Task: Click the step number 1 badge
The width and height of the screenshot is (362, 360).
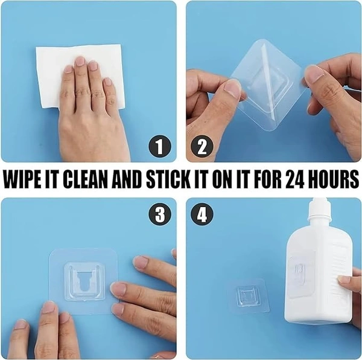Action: [160, 147]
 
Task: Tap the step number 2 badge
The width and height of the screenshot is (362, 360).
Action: [202, 147]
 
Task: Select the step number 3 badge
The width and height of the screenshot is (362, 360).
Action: [160, 214]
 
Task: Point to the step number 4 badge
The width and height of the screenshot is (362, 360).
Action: [202, 214]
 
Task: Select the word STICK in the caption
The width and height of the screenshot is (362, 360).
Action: [168, 180]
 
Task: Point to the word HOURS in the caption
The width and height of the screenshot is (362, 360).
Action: [335, 180]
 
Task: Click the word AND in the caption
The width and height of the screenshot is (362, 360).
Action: [127, 180]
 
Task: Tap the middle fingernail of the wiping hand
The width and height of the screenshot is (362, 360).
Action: [80, 61]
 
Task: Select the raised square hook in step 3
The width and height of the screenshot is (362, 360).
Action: [84, 281]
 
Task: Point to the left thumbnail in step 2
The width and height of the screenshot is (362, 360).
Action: [232, 89]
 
